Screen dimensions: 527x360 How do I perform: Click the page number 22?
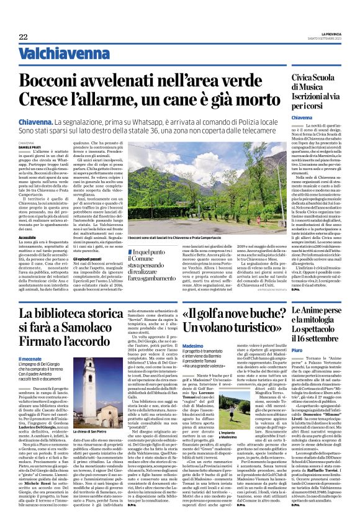(24, 37)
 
